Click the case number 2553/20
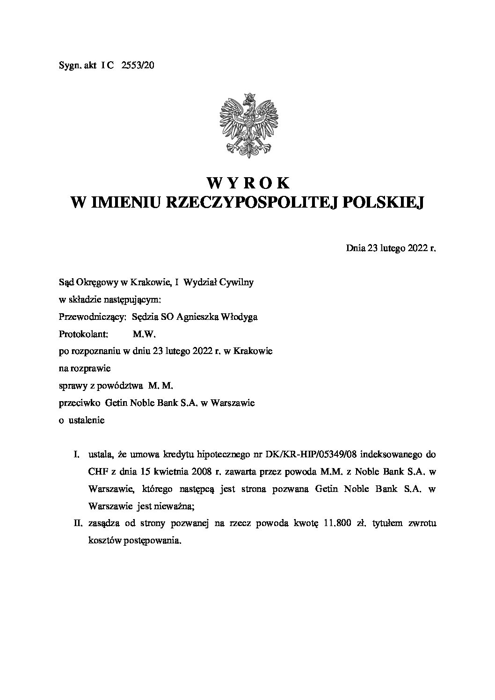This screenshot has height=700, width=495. click(137, 66)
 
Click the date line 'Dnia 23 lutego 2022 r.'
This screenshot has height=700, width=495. click(391, 248)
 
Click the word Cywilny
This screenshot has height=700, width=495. click(238, 282)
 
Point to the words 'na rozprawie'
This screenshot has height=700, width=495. click(84, 368)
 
